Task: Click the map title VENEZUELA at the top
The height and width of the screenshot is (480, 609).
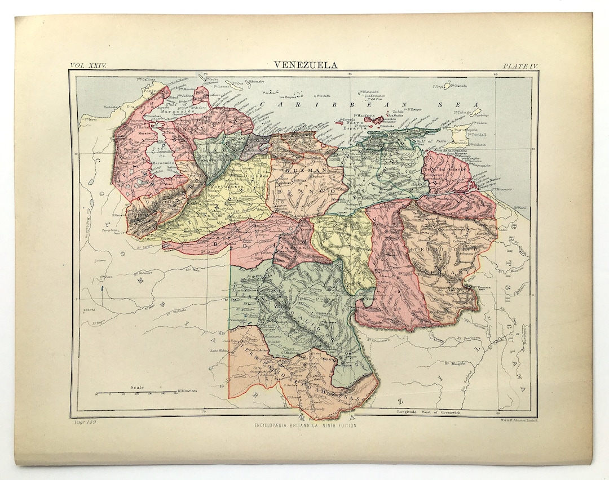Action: (x=306, y=65)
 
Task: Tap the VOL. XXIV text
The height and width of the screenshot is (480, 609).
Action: (x=87, y=65)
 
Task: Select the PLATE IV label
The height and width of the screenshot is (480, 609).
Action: (x=520, y=66)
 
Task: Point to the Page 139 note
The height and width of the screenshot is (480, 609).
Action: (x=85, y=422)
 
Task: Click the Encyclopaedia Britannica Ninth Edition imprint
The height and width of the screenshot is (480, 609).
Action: (x=305, y=425)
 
